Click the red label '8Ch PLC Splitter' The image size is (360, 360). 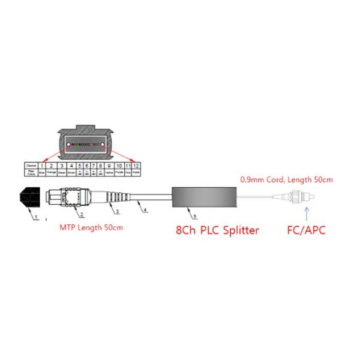coord(218,230)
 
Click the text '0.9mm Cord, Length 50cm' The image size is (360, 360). coord(286,179)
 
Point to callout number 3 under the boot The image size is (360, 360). coord(118,212)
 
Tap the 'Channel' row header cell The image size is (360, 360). coord(29,164)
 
